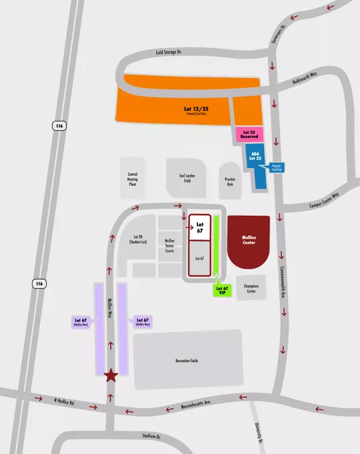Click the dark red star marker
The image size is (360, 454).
click(x=111, y=377)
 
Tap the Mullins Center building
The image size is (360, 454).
click(x=249, y=241)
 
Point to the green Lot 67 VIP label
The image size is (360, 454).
click(x=223, y=291)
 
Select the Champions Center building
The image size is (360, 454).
click(x=251, y=289)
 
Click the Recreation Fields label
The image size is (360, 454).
click(x=187, y=361)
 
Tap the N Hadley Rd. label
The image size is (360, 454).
click(x=66, y=403)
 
